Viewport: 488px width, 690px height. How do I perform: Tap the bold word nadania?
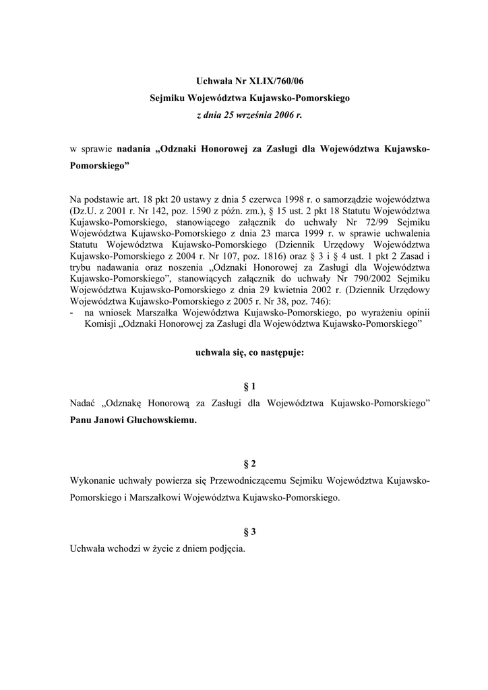[134, 148]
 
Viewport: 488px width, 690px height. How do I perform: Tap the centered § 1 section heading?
[249, 387]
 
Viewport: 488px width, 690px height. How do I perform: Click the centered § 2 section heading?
[249, 464]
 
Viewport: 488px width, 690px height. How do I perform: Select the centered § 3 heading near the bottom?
[249, 532]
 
